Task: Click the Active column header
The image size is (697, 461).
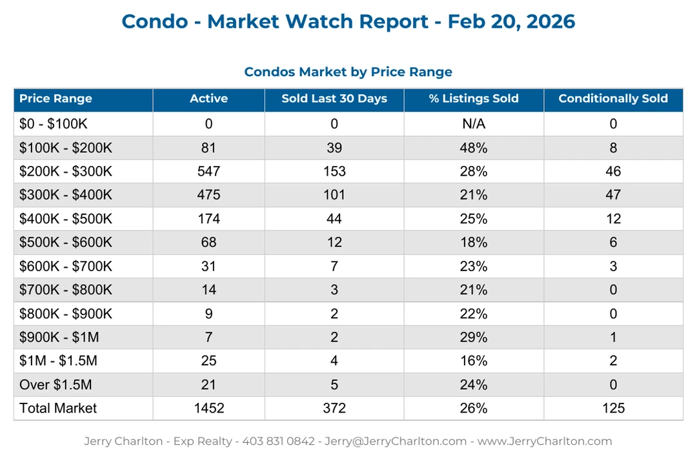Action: tap(208, 99)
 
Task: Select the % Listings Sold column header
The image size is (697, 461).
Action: tap(474, 99)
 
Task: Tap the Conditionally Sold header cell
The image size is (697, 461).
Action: tap(612, 99)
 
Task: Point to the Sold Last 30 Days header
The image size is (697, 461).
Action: tap(334, 99)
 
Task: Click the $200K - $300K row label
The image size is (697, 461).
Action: tap(65, 171)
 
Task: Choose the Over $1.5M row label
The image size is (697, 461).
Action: tap(56, 385)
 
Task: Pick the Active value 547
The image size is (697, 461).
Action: tap(208, 171)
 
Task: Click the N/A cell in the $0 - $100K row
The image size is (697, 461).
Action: tap(474, 124)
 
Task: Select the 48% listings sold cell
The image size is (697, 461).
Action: tap(474, 148)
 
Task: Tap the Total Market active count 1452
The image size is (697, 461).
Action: tap(208, 408)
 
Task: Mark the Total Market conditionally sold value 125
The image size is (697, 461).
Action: tap(612, 408)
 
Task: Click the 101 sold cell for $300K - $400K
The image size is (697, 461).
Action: tap(334, 195)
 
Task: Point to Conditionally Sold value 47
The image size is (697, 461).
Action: tap(612, 195)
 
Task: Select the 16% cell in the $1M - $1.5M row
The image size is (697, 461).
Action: tap(474, 361)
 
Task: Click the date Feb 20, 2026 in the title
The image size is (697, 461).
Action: tap(511, 21)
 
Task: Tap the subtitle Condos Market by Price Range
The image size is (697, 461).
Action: tap(348, 72)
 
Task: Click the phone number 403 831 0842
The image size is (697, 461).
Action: tap(278, 442)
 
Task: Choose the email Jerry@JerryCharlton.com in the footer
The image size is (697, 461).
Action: tap(395, 442)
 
